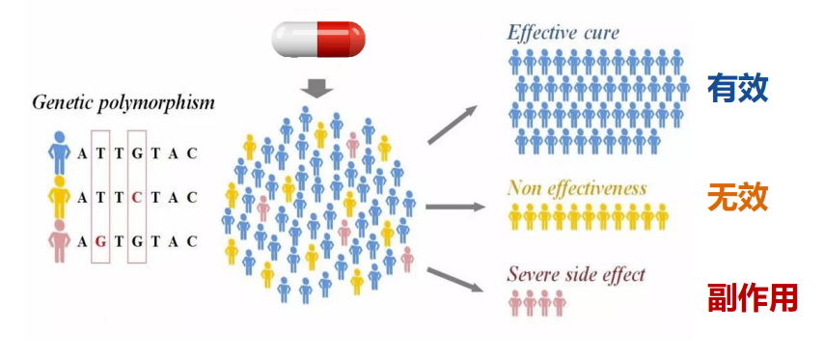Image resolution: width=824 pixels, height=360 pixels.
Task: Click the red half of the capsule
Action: [341, 40]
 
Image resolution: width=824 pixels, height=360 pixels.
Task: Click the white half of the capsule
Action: [294, 40]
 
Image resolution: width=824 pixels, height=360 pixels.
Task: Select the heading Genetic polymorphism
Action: [124, 102]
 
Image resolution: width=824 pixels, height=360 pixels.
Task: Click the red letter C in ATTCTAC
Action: [137, 198]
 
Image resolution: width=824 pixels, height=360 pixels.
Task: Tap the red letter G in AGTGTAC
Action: [101, 241]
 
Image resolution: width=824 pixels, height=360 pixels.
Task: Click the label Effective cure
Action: [563, 33]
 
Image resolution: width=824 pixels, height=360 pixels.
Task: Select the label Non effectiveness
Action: [577, 188]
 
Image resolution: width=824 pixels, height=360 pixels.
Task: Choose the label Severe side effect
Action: [576, 274]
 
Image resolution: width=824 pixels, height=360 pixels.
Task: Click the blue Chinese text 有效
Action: [738, 88]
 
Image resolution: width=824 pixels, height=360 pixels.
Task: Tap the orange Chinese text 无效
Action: [738, 198]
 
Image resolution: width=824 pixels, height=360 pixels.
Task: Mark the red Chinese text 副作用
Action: [753, 298]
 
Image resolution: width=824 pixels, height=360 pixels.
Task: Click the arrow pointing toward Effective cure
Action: [453, 125]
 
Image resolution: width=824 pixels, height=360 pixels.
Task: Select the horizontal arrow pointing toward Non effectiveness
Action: [455, 207]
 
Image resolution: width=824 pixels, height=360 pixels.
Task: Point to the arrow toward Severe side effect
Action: [455, 280]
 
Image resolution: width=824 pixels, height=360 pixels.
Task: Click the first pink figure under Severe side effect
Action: [515, 303]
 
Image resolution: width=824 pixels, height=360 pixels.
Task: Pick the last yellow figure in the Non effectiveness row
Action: [662, 217]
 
